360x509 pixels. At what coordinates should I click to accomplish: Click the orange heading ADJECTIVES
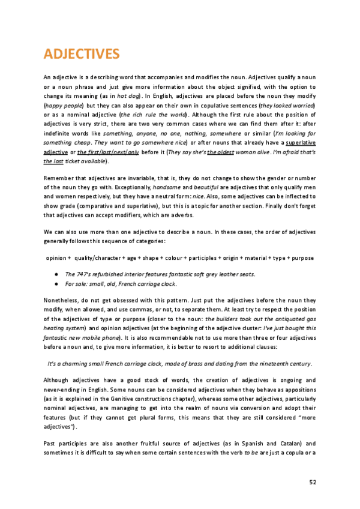click(82, 55)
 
